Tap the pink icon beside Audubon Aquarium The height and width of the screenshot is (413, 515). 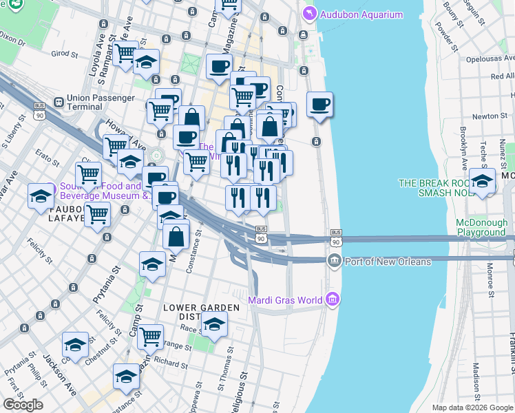309,14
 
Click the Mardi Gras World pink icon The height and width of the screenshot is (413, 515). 333,299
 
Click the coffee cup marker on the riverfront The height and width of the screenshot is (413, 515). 319,105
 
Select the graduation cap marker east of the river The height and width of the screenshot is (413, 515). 482,182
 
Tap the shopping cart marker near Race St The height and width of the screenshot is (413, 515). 150,337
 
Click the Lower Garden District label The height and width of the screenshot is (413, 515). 200,312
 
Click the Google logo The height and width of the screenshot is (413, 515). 23,404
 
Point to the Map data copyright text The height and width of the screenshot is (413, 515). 472,407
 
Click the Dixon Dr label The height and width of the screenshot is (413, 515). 12,41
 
